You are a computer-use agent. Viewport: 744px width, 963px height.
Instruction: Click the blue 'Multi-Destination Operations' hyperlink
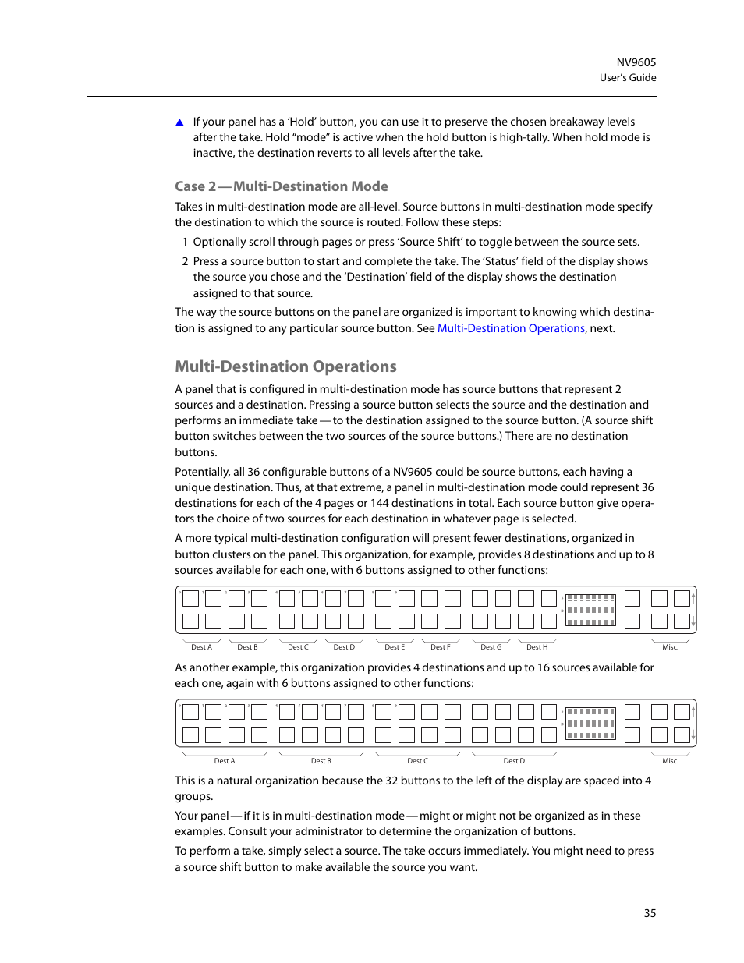coord(511,328)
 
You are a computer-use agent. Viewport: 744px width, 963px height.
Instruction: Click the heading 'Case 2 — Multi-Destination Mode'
coord(281,186)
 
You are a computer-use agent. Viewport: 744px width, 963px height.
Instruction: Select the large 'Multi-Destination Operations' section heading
coord(285,366)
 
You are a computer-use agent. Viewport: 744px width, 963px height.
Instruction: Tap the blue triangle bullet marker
coord(179,122)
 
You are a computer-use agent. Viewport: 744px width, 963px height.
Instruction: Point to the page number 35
coord(650,913)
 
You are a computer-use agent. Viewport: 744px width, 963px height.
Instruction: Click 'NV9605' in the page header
coord(636,62)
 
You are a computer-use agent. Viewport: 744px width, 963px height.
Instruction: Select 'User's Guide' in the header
coord(627,78)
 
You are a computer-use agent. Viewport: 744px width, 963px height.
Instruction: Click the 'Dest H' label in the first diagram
coord(537,647)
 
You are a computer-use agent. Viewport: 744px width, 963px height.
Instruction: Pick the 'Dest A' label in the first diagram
coord(201,647)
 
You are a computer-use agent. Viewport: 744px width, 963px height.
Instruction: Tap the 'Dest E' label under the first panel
coord(395,647)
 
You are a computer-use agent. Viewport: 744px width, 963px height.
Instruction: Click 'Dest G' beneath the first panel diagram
coord(491,647)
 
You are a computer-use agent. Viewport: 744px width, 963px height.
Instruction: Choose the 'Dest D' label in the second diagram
coord(514,761)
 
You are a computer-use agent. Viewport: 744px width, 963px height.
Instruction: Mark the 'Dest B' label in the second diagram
coord(321,761)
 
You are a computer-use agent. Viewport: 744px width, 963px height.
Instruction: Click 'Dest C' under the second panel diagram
coord(417,761)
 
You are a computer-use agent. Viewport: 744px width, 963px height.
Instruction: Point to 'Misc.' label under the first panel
coord(670,647)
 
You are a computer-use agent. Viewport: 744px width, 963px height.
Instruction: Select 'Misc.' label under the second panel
coord(670,761)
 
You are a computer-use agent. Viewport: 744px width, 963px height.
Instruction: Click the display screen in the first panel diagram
coord(590,610)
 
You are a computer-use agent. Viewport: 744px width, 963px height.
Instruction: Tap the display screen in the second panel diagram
coord(590,724)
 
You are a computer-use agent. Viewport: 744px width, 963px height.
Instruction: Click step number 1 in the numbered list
coord(185,242)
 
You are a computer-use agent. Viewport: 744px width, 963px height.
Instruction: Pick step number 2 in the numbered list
coord(185,261)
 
